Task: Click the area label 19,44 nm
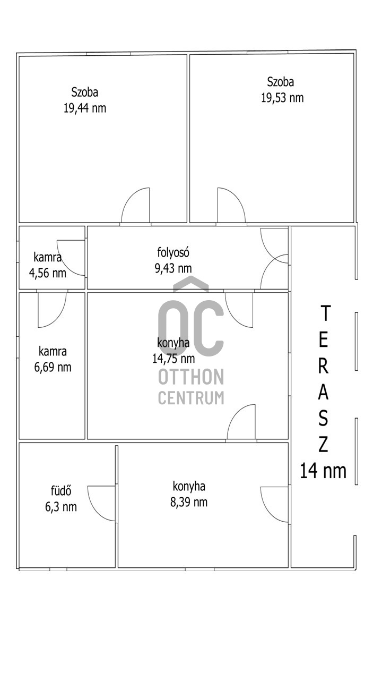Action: (84, 108)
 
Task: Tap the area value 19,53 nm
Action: (282, 98)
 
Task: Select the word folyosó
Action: (173, 252)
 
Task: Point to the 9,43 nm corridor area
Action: (173, 268)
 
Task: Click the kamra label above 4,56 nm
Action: (48, 258)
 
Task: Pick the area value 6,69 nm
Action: (53, 367)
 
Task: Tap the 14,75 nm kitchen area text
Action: (173, 359)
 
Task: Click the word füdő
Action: (61, 491)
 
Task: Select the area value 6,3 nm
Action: (61, 507)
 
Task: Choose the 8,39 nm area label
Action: (189, 502)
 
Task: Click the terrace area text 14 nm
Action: (323, 471)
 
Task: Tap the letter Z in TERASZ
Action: (323, 444)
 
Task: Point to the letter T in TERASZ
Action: (325, 313)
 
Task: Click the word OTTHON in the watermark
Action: (191, 377)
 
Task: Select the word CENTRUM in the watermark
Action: (191, 398)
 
